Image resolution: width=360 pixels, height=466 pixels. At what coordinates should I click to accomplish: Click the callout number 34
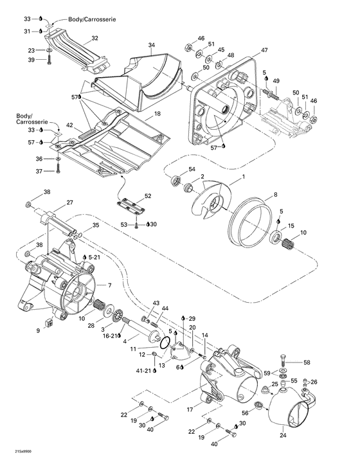point(152,46)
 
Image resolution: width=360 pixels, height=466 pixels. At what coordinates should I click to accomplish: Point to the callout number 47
point(264,49)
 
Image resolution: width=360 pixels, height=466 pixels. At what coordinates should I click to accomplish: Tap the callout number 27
point(69,202)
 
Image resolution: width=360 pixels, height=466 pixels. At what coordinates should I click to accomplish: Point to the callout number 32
point(94,39)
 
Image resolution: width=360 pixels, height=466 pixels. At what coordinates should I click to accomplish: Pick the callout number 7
point(109,285)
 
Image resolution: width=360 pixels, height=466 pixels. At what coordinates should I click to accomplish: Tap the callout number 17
point(190,408)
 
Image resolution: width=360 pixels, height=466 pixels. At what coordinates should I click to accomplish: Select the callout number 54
point(192,168)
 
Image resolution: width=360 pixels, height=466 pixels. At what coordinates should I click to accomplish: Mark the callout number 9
point(38,330)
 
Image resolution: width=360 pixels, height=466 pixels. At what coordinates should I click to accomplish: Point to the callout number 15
point(291,226)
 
